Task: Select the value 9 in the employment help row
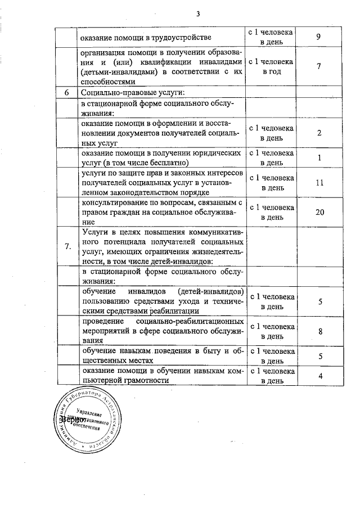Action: tap(318, 38)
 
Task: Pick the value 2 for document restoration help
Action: tap(318, 133)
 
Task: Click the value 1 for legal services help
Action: tap(318, 158)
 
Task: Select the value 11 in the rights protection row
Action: tap(318, 183)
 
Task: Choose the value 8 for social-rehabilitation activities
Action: tap(319, 332)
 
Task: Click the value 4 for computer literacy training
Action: tap(319, 376)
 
